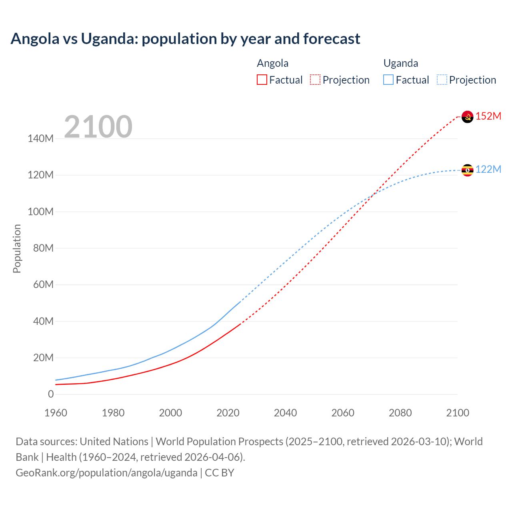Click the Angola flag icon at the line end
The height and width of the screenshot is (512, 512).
pos(467,117)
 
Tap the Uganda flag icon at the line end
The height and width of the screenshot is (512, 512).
pos(467,170)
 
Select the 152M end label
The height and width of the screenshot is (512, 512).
pos(488,116)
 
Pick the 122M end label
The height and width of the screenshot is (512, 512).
pos(488,169)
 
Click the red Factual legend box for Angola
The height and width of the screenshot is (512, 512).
pos(262,80)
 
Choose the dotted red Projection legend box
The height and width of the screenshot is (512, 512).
pos(315,80)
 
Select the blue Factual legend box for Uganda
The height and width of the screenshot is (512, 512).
pos(388,80)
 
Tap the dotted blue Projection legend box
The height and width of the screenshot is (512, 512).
pos(442,80)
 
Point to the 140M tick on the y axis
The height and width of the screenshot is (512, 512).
pos(40,139)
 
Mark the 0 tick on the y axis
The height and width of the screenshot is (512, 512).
pos(51,394)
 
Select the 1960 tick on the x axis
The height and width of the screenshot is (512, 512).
pos(56,413)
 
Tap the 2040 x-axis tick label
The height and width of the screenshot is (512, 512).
pos(285,413)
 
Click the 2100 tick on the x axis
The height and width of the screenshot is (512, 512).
pos(458,413)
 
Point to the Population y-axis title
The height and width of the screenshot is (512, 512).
pos(17,248)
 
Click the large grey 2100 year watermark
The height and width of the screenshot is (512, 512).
pos(98,127)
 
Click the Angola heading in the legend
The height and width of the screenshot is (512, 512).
pos(272,63)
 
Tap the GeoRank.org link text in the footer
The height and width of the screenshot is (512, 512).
pos(106,472)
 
